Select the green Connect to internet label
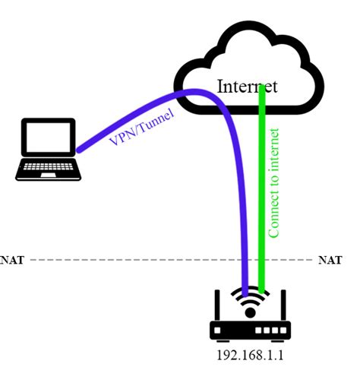274,182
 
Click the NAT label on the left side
12,259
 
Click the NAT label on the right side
329,259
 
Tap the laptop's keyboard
48,166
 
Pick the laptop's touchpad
48,175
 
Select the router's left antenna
217,304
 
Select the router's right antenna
285,304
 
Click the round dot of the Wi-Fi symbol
251,313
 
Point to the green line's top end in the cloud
263,88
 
